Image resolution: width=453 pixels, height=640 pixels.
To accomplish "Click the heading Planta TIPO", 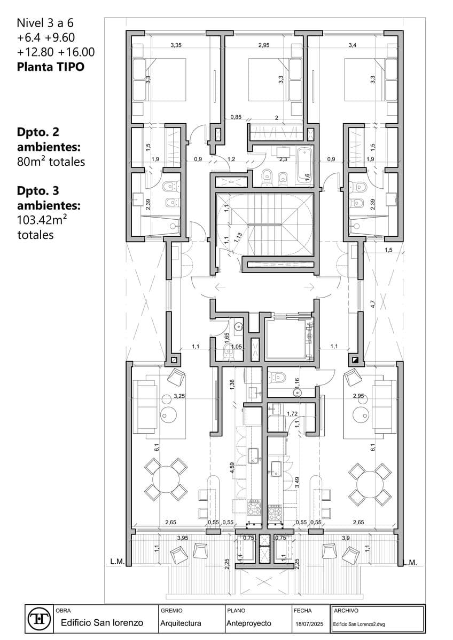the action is coord(51,67).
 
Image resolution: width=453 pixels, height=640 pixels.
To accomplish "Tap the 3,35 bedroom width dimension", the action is coord(176,45).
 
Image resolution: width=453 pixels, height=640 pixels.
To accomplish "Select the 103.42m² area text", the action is coord(42,220).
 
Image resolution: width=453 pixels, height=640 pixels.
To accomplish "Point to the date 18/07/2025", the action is coord(309,624).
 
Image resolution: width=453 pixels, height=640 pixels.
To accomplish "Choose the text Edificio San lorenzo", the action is coord(102,623).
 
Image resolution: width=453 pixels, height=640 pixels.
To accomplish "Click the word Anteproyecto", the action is coord(249,623).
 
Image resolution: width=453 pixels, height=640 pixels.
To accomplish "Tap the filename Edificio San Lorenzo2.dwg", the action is coord(359,625).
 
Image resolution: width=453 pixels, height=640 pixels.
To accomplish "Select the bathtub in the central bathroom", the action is coord(304,166).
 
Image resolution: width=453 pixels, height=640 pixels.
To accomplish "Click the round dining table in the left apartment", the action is coord(166,479).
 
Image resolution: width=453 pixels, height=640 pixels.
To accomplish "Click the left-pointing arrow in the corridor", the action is coord(220,286).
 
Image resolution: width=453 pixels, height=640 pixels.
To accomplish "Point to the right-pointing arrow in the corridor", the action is coord(310,286).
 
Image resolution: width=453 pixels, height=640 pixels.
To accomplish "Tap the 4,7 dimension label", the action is coord(372,304).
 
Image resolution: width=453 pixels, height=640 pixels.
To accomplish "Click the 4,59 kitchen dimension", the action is coord(232,468).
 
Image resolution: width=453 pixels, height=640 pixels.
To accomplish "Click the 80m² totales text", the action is coord(51,162).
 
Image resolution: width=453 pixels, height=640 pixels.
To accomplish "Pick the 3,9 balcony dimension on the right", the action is coord(346,538).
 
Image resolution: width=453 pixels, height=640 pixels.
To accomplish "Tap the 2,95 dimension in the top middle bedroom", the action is coord(264,45).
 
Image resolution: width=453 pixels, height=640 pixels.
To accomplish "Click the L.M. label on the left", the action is coord(118,562).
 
